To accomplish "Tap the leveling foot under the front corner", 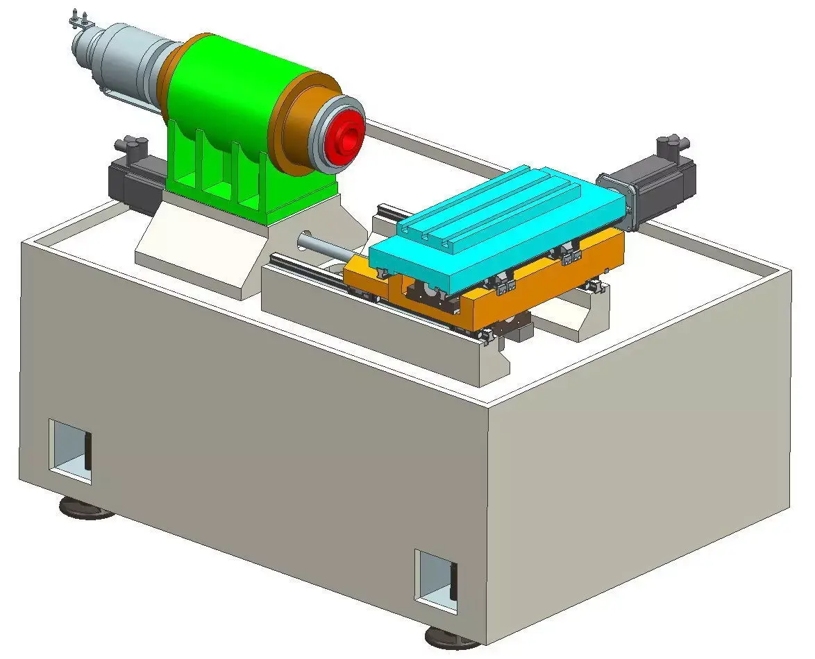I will point(452,636).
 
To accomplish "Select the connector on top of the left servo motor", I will point(130,146).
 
